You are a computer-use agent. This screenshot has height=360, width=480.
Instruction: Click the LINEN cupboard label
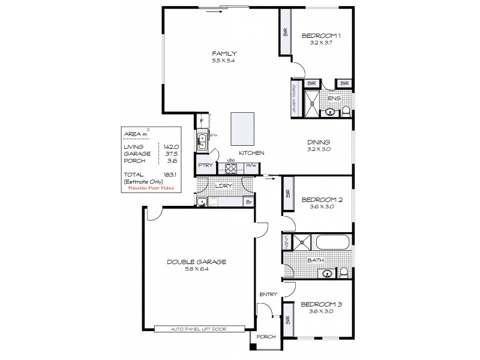click(x=287, y=243)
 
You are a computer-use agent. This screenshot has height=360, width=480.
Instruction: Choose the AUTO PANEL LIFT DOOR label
click(x=199, y=329)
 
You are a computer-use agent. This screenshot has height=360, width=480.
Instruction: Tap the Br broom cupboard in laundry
click(x=247, y=202)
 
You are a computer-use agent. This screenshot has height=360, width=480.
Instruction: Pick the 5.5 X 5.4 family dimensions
click(x=223, y=61)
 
